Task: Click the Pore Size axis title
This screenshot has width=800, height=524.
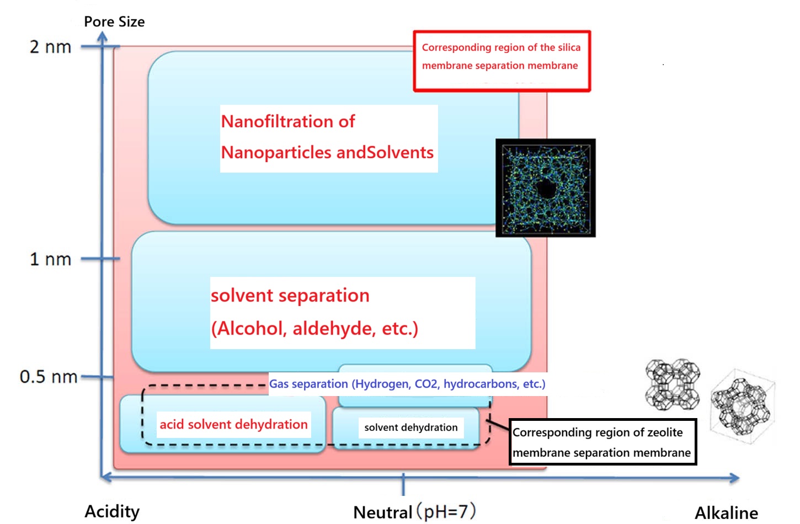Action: tap(114, 22)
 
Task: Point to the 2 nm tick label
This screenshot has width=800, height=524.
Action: tap(50, 47)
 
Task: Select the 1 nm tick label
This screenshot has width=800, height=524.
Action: tap(50, 259)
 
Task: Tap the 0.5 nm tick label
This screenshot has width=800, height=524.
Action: tap(48, 377)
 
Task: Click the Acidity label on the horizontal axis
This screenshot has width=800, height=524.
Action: tap(112, 511)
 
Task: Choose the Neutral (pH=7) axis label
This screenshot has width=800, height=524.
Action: tap(414, 512)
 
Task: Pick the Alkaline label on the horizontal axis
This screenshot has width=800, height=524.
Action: tap(726, 513)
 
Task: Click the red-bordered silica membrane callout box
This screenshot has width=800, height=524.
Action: tap(502, 61)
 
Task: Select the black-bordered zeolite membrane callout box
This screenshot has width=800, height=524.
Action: tap(602, 442)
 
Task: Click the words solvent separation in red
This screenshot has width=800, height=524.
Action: tap(290, 296)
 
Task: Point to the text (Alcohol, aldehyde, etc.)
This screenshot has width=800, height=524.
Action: tap(314, 329)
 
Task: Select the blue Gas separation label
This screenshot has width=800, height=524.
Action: tap(407, 384)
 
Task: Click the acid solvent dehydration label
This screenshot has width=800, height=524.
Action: tap(233, 424)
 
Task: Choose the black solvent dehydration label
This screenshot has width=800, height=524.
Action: tap(410, 427)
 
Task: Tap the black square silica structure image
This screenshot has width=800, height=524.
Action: tap(545, 188)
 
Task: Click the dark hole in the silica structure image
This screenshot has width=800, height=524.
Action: tap(546, 189)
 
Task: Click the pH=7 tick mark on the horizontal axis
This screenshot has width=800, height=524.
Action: tap(403, 483)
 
